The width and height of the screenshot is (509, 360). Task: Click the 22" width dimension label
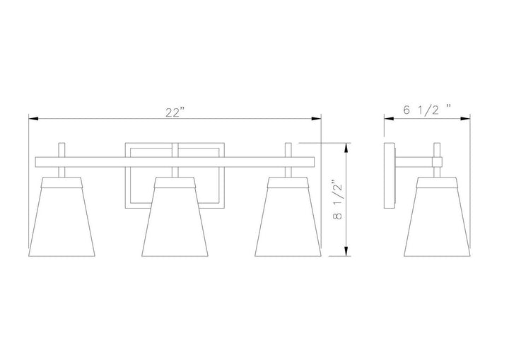[x=175, y=112]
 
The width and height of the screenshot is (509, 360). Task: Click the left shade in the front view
[x=62, y=216]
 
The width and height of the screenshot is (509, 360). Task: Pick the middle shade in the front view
[x=175, y=216]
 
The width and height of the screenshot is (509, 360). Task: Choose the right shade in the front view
[x=288, y=216]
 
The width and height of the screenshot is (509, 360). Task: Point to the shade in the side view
[x=437, y=216]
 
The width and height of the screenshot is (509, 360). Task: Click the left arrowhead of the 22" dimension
[x=34, y=119]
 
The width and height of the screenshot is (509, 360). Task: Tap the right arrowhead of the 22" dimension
[x=316, y=119]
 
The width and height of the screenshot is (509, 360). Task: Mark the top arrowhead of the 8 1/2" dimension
[x=346, y=148]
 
